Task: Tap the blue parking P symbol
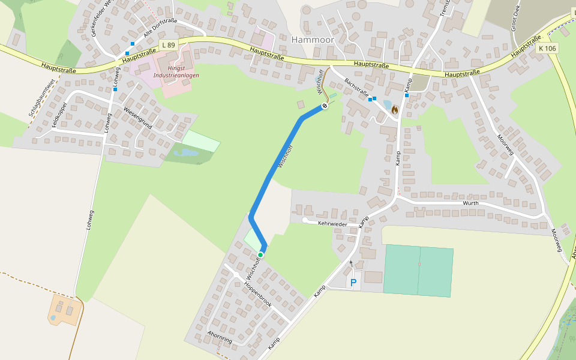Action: pyautogui.click(x=353, y=282)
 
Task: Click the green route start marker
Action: pyautogui.click(x=260, y=255)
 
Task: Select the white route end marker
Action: pyautogui.click(x=325, y=106)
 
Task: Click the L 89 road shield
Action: pyautogui.click(x=169, y=45)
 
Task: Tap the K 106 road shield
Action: pyautogui.click(x=547, y=47)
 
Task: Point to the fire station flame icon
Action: pyautogui.click(x=394, y=110)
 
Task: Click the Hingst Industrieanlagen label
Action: pyautogui.click(x=176, y=71)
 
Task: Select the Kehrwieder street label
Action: pyautogui.click(x=333, y=223)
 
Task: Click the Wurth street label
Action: pyautogui.click(x=470, y=203)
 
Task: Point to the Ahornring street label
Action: pyautogui.click(x=219, y=336)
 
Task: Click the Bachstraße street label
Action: pyautogui.click(x=357, y=89)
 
